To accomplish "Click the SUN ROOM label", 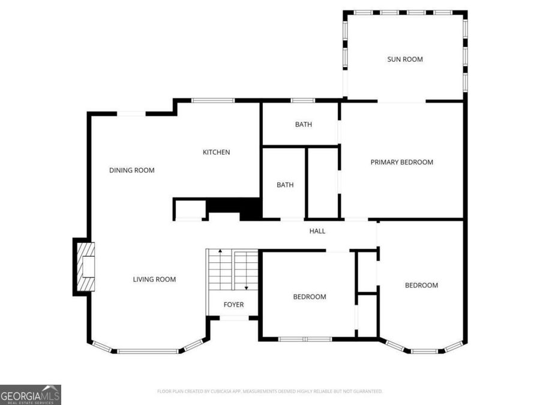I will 404,59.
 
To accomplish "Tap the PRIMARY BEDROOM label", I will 401,162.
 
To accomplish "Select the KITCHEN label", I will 216,152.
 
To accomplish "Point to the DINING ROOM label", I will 131,170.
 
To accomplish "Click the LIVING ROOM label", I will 154,279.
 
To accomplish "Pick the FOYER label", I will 233,305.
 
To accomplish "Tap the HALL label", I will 317,231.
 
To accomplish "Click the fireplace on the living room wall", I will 85,266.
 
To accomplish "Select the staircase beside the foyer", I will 232,270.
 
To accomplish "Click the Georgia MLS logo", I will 30,395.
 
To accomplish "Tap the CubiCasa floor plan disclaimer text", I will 269,391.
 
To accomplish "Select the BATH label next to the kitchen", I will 285,185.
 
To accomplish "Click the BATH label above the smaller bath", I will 303,125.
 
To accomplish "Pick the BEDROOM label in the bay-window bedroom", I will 421,286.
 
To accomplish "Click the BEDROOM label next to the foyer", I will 309,297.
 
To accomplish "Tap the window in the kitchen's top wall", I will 213,101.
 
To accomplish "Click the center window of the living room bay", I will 148,351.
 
